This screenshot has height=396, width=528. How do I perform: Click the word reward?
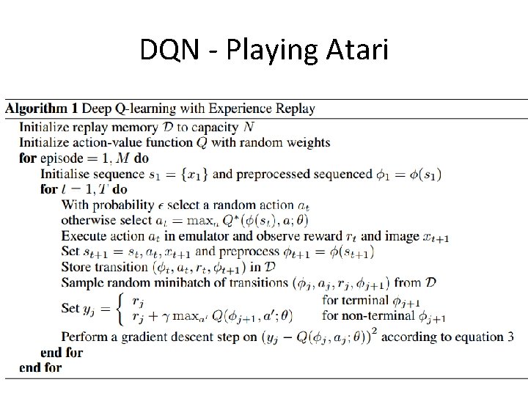(329, 236)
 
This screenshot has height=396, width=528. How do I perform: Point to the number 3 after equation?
(511, 337)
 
